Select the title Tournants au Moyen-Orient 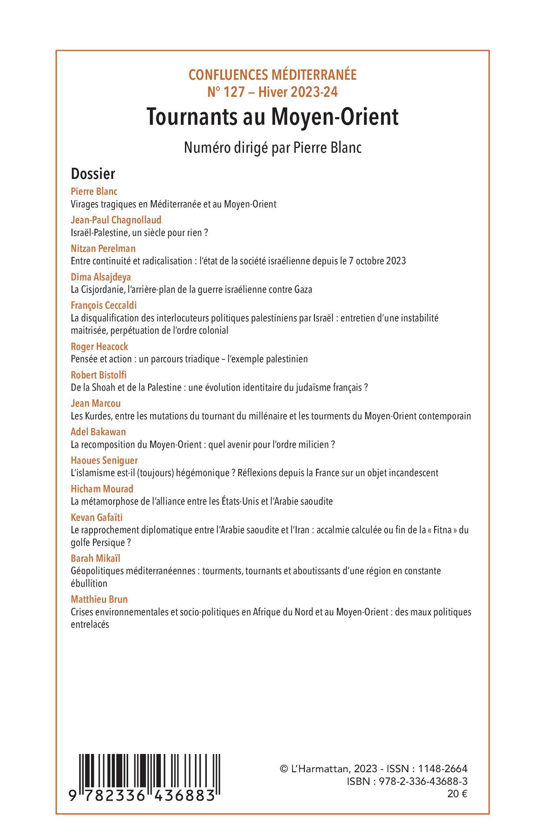pyautogui.click(x=272, y=118)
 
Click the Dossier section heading pyautogui.click(x=93, y=174)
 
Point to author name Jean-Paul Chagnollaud pyautogui.click(x=116, y=220)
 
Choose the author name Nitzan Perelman pyautogui.click(x=103, y=249)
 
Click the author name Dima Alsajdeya pyautogui.click(x=101, y=277)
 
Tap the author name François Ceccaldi pyautogui.click(x=104, y=305)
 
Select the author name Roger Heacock pyautogui.click(x=99, y=347)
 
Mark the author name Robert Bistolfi pyautogui.click(x=99, y=375)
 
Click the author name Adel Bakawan pyautogui.click(x=98, y=432)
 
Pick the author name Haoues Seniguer pyautogui.click(x=104, y=460)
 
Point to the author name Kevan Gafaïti pyautogui.click(x=97, y=517)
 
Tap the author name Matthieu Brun pyautogui.click(x=99, y=599)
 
